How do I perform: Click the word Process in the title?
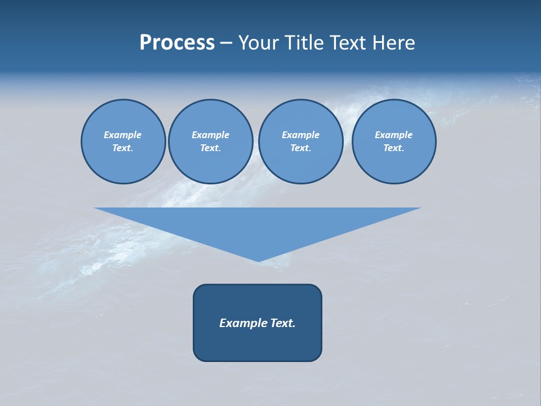pos(177,42)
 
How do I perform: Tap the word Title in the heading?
pos(303,42)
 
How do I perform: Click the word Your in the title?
pos(259,42)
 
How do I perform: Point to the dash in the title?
pos(226,43)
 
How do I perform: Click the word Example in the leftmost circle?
pos(123,135)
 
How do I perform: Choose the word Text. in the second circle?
pos(211,148)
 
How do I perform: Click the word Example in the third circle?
pos(300,135)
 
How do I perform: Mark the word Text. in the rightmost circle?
pos(394,148)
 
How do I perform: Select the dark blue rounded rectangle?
pos(258,344)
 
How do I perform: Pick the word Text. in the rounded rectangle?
pos(281,323)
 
